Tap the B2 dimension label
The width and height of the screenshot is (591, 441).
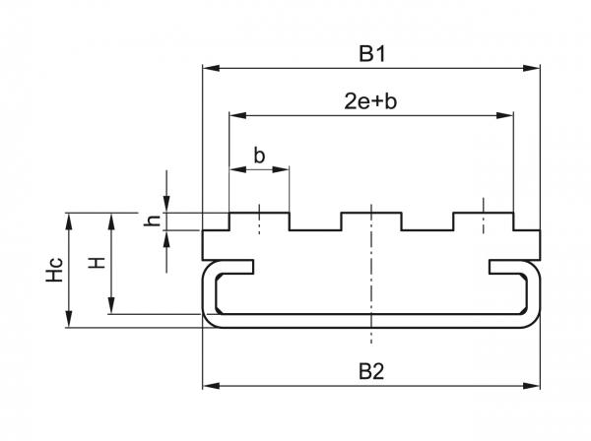pos(371,372)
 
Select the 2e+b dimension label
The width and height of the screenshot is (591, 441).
pos(371,102)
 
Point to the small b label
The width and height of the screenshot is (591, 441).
pos(259,156)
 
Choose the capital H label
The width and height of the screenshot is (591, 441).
pos(96,263)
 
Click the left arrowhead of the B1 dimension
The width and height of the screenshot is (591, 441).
pos(208,69)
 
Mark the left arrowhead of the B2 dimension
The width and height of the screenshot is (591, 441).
pos(208,386)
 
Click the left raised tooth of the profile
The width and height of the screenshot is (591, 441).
pos(259,221)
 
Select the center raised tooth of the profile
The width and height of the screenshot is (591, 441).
pos(370,221)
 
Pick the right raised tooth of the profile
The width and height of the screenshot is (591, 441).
pos(483,221)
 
